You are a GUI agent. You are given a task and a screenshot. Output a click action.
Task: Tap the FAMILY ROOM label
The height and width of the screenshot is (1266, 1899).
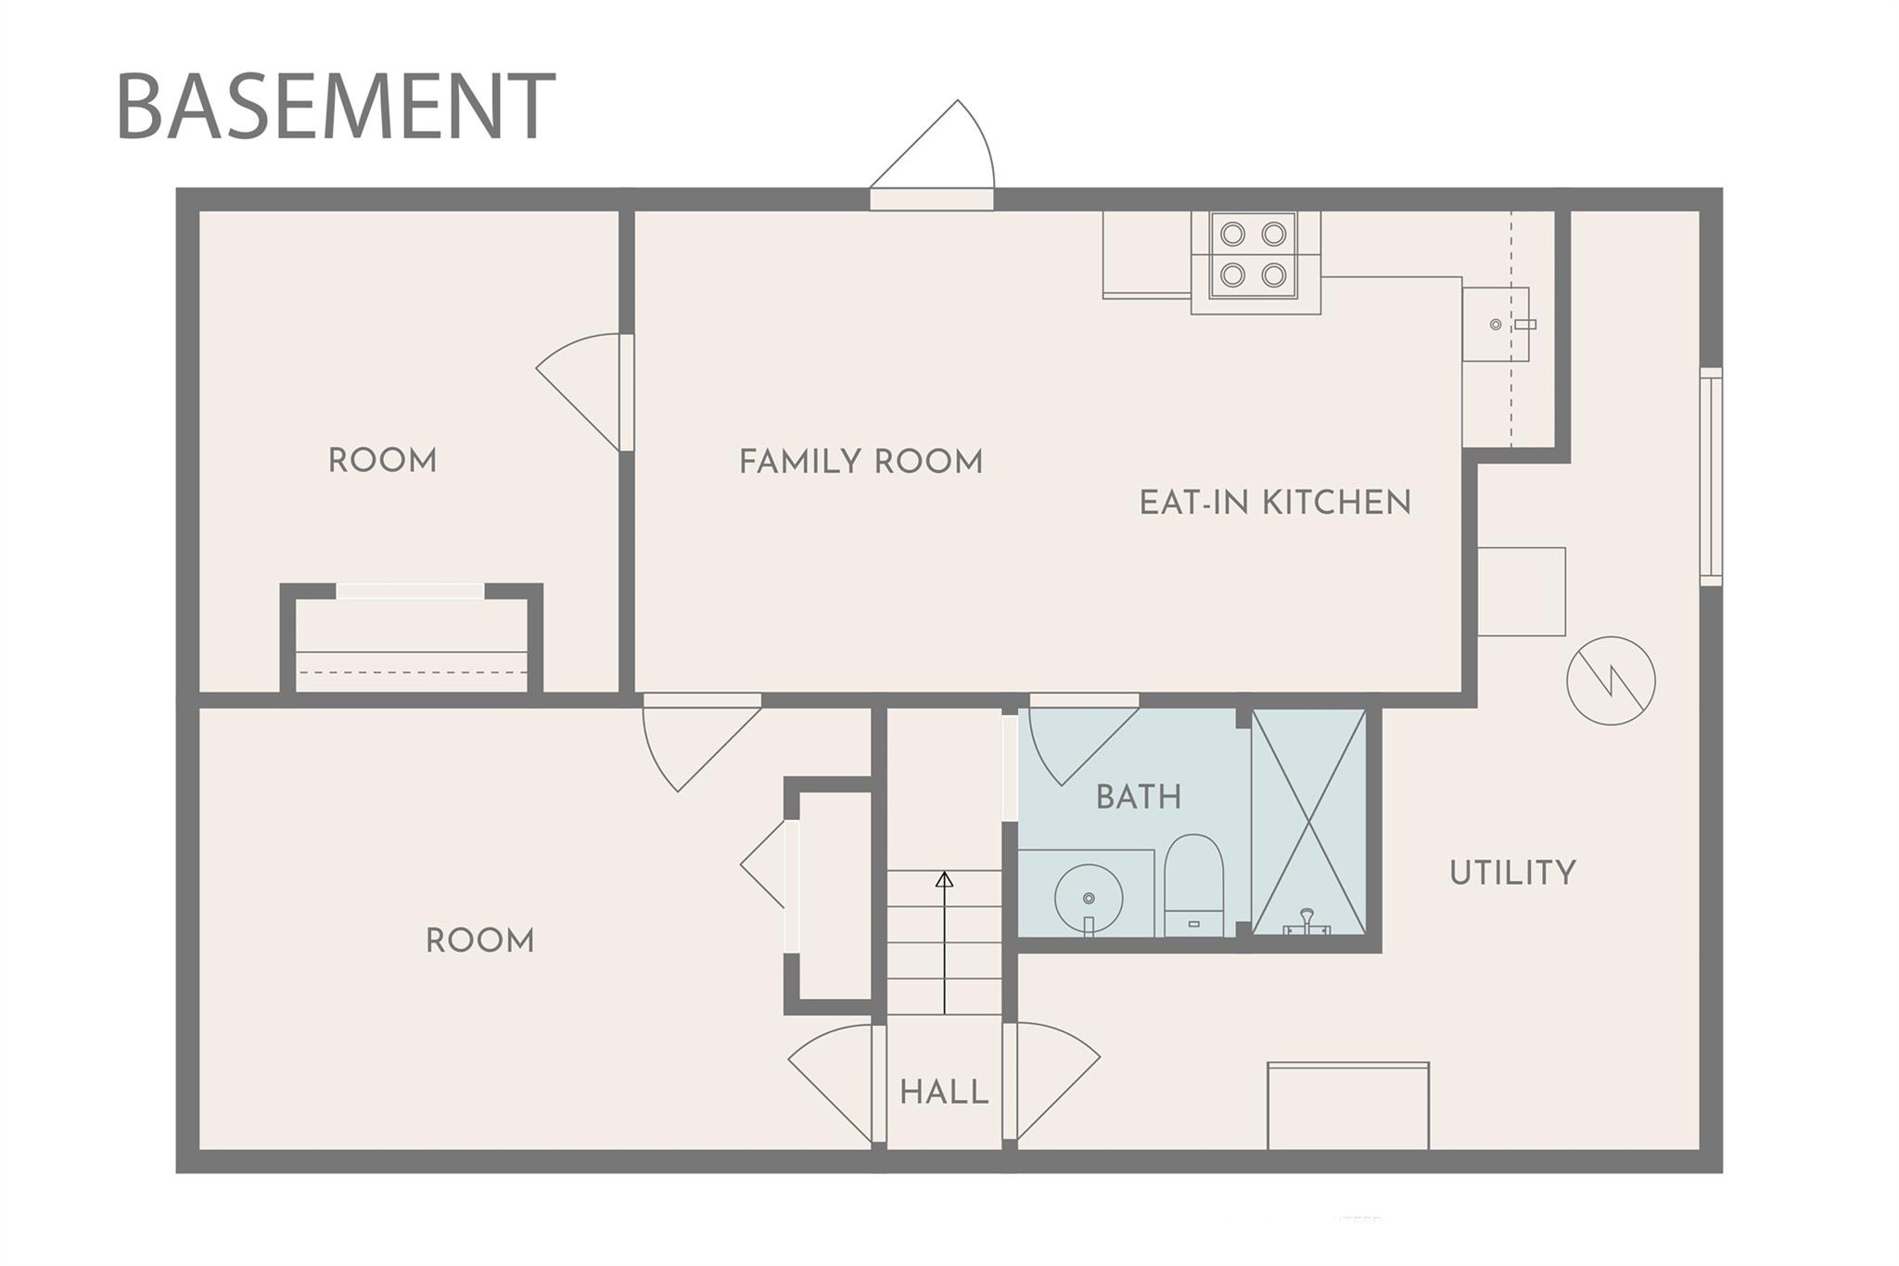tap(860, 461)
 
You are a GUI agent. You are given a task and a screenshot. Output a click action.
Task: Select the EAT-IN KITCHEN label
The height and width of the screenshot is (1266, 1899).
tap(1275, 503)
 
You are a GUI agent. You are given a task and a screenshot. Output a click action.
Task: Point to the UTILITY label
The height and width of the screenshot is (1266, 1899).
tap(1512, 873)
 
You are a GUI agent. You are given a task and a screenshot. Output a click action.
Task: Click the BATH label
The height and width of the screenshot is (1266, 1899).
tap(1139, 797)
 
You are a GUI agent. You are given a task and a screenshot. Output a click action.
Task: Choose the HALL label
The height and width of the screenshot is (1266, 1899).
tap(944, 1092)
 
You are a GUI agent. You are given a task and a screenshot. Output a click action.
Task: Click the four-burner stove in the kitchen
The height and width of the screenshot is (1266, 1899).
tap(1253, 254)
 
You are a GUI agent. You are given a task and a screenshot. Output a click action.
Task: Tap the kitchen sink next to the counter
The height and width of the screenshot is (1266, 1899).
tap(1496, 324)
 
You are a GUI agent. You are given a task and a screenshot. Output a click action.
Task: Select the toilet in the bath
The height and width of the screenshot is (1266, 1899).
tap(1193, 885)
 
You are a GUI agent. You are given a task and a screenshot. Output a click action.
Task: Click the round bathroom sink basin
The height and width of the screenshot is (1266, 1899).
tap(1089, 898)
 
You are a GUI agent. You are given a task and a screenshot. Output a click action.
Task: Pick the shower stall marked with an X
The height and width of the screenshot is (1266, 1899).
tap(1307, 822)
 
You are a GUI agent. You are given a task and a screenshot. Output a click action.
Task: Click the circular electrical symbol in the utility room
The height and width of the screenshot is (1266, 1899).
tap(1611, 681)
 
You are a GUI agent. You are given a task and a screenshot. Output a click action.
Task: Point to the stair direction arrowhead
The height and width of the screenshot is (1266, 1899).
tap(944, 879)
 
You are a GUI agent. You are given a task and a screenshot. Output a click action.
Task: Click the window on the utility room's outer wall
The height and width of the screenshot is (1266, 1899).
tap(1711, 477)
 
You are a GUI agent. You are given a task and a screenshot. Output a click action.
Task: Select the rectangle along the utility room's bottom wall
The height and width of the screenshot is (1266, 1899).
tap(1348, 1106)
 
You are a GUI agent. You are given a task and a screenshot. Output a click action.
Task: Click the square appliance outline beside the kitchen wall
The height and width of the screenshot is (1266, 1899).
tap(1522, 592)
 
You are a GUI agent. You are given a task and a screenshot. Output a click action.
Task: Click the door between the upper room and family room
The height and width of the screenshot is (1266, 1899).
tap(580, 392)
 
